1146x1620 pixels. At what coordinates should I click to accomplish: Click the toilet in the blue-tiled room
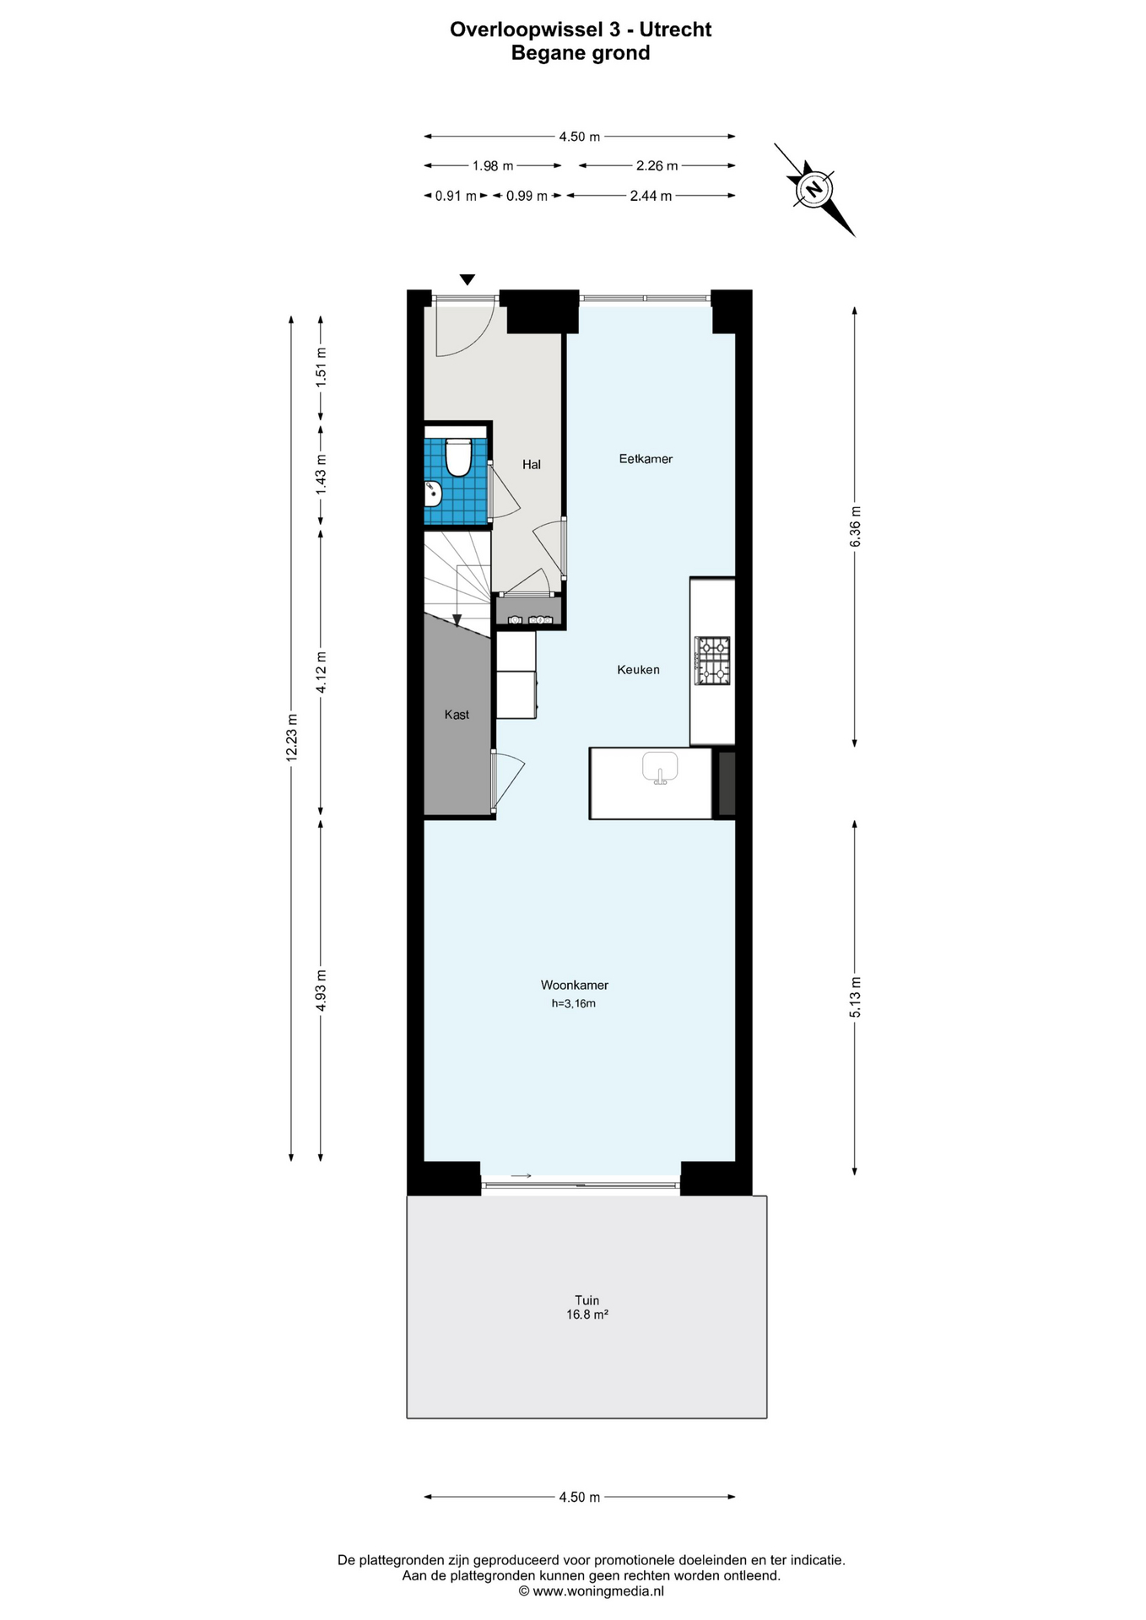click(457, 456)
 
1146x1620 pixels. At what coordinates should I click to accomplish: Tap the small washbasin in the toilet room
click(433, 494)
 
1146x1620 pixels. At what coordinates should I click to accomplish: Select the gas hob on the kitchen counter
click(712, 660)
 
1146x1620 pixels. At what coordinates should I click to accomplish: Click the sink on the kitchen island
click(660, 768)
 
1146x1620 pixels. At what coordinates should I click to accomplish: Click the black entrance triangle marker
click(467, 280)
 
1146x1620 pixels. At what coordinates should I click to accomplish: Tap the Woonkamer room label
click(575, 985)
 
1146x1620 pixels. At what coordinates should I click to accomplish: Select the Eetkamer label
click(646, 459)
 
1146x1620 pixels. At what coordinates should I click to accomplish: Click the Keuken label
click(638, 670)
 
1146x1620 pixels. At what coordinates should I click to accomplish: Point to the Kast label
click(457, 715)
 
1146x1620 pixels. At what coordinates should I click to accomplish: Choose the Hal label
click(532, 464)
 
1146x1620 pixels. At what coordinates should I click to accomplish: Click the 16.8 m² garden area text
click(587, 1315)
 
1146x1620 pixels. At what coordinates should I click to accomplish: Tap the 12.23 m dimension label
click(292, 738)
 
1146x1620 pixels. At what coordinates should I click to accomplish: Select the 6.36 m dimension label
click(855, 526)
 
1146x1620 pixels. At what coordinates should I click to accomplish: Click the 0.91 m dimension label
click(456, 197)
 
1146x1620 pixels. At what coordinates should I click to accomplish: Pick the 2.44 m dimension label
click(651, 197)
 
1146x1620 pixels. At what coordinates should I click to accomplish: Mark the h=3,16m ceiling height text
click(574, 1003)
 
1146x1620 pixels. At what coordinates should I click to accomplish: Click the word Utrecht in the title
click(675, 30)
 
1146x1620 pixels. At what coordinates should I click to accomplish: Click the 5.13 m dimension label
click(855, 996)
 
